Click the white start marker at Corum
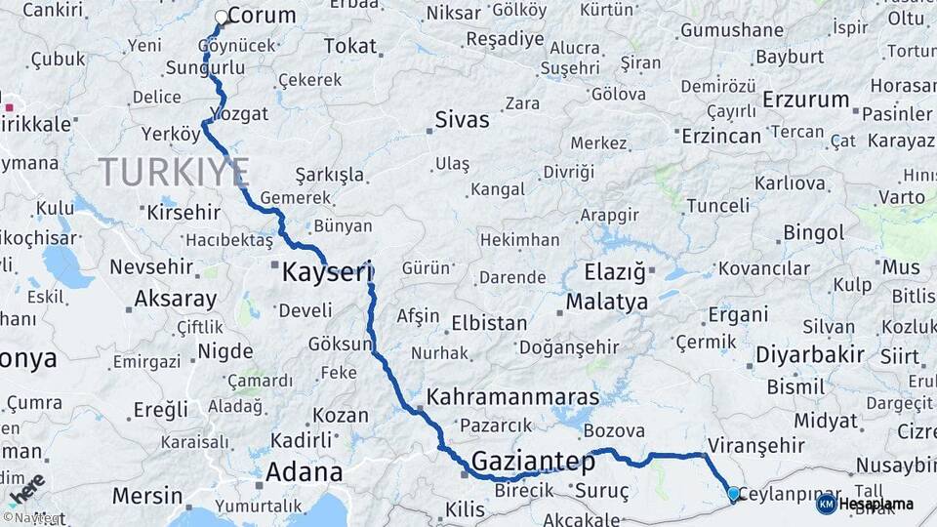pos(222,17)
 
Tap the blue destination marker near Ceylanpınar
pos(734,494)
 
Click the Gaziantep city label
pos(533,462)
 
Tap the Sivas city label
pos(462,120)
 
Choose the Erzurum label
pos(806,100)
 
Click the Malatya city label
pos(606,302)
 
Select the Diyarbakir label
pos(810,354)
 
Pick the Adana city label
pos(304,472)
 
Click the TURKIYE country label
pos(174,172)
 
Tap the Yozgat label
pos(239,114)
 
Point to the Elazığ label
pos(615,272)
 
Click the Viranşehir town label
pos(756,445)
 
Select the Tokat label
pos(349,46)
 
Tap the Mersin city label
pos(147,496)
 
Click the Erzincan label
pos(721,134)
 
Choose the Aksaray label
pos(175,299)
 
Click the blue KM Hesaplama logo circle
pos(826,504)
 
